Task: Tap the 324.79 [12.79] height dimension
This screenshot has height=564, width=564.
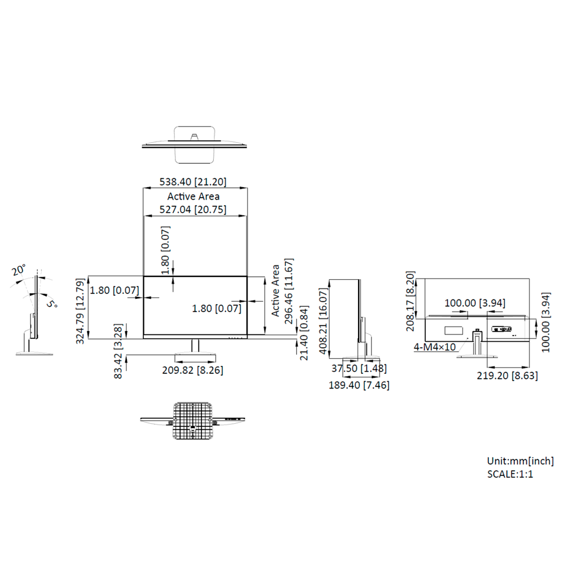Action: (x=80, y=311)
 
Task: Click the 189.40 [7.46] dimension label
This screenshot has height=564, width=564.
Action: (x=359, y=385)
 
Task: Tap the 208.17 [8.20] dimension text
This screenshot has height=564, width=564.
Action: (x=411, y=301)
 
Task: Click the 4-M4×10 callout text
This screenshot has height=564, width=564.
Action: (x=435, y=347)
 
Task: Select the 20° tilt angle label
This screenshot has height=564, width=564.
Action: (x=19, y=270)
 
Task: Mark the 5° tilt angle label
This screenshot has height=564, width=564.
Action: (x=52, y=304)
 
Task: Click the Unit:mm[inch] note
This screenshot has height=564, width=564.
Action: (x=520, y=461)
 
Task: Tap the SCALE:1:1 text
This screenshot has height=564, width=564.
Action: (x=510, y=474)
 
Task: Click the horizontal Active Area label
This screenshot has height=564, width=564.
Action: (x=193, y=196)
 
